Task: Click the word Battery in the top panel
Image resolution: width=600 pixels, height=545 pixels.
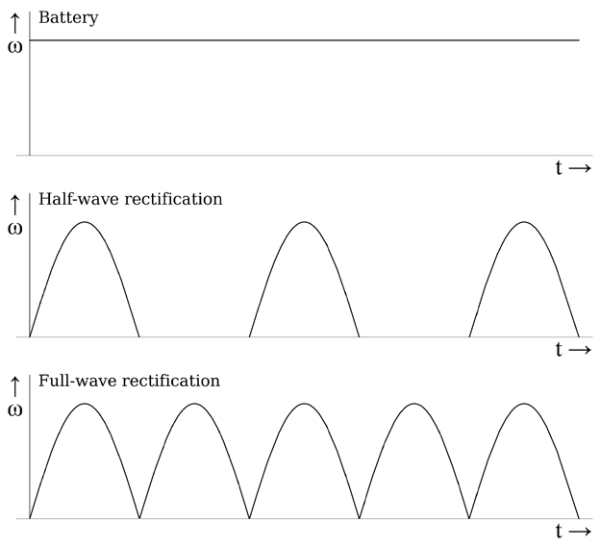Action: [68, 18]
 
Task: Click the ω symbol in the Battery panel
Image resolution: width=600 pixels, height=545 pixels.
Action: [14, 45]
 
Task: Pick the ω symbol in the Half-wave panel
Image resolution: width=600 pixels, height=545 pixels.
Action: [14, 228]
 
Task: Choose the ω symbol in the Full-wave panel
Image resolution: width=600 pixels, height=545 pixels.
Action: [14, 409]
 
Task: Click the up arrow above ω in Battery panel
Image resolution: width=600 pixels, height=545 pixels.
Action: [14, 20]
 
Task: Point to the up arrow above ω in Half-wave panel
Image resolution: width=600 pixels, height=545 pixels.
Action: [14, 203]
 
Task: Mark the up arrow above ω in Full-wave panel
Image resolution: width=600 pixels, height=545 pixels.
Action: [14, 384]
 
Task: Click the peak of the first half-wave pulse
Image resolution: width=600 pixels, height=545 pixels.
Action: [85, 222]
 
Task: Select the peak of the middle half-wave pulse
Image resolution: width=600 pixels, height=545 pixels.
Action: [305, 222]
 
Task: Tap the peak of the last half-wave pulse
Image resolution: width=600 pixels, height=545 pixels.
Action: [524, 222]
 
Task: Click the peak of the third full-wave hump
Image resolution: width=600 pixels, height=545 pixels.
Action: [305, 404]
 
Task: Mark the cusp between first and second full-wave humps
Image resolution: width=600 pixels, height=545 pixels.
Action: [139, 518]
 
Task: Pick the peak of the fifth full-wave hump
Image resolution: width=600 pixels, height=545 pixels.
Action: [524, 404]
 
